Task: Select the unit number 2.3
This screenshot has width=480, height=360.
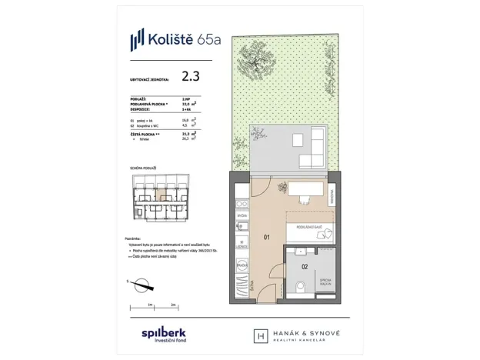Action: (x=191, y=76)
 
